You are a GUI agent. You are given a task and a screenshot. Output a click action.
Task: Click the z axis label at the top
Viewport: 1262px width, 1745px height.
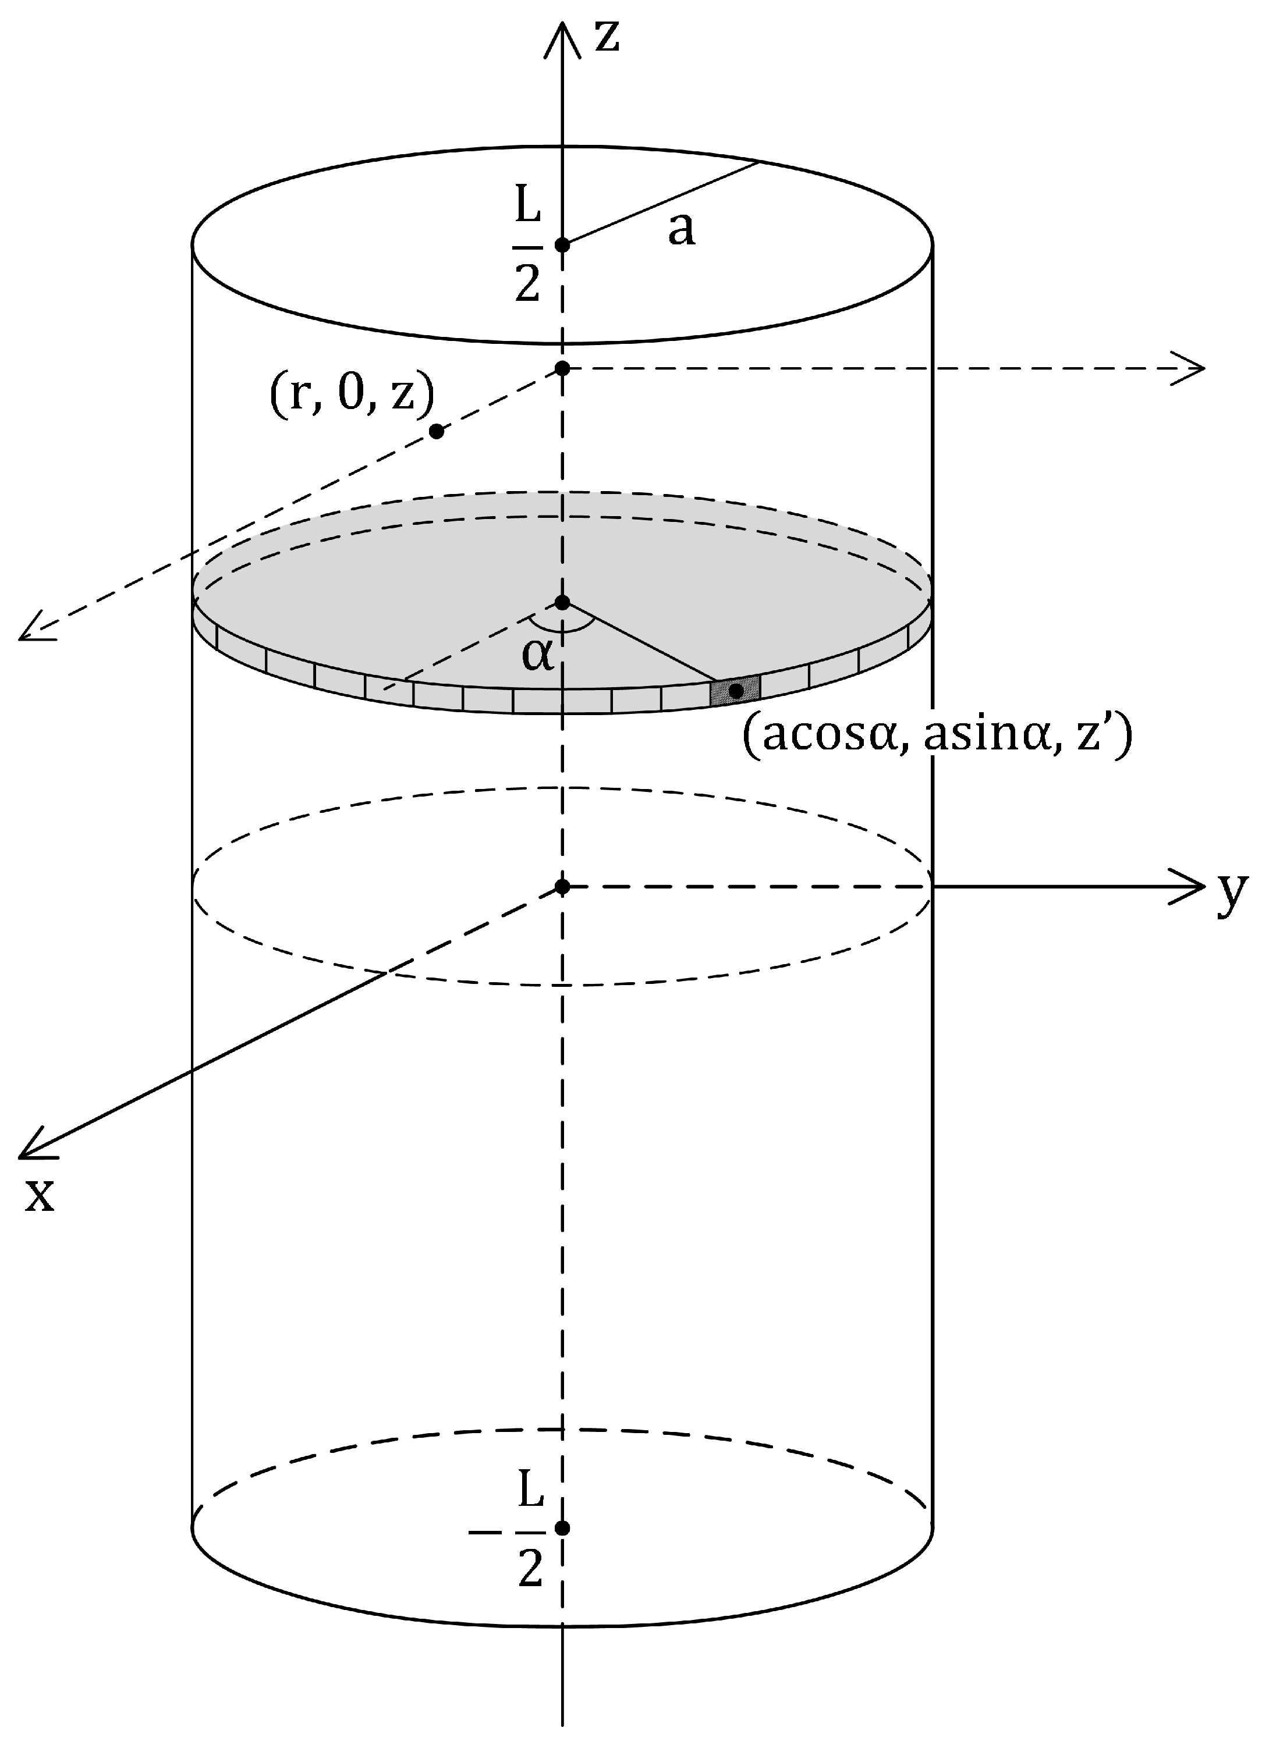[x=608, y=37]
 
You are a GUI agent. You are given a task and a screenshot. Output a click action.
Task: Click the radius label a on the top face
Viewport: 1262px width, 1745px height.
[x=681, y=229]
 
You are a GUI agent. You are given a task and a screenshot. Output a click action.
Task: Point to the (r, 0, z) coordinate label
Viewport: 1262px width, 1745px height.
[x=352, y=394]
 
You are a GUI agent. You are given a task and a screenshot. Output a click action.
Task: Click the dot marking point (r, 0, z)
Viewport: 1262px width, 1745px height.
[x=437, y=432]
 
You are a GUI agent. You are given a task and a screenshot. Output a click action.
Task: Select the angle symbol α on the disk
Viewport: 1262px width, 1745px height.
[x=537, y=655]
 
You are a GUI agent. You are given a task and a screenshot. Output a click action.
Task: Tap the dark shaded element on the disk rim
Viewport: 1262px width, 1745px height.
[x=735, y=690]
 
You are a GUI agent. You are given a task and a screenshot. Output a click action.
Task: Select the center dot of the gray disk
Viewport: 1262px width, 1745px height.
[x=562, y=602]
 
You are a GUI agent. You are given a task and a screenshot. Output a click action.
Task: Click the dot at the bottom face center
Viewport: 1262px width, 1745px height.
[x=562, y=1528]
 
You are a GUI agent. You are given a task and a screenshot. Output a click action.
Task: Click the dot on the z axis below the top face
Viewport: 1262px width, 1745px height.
[x=562, y=368]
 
